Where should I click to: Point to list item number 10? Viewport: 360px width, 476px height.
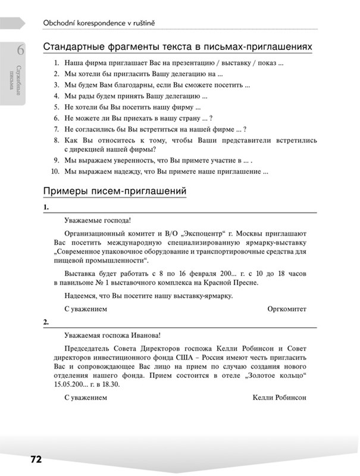[x=55, y=173]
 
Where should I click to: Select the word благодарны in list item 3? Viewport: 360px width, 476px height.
[x=126, y=85]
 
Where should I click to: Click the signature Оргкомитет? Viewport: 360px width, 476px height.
[x=287, y=309]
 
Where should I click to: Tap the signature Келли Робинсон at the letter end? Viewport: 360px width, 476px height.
[x=279, y=397]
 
